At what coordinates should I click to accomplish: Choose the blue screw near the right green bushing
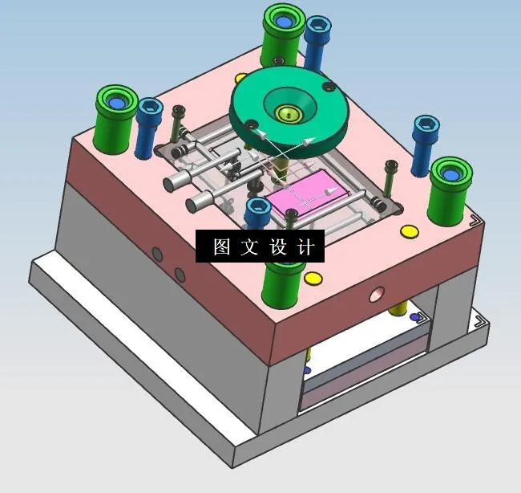pos(426,143)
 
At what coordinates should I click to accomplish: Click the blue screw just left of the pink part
pos(258,213)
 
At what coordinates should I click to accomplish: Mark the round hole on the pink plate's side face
pos(375,295)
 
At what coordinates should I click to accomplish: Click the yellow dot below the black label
pos(313,279)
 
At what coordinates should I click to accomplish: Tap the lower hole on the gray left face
pos(180,275)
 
